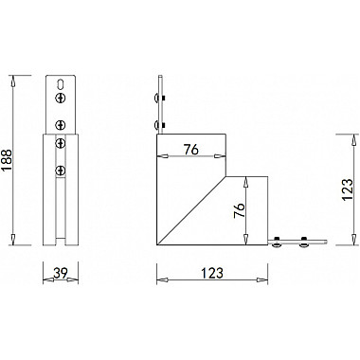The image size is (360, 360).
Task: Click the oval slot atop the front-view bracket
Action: pos(61,83)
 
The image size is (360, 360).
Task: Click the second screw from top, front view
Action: pos(61,123)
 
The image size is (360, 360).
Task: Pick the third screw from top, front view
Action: pos(61,143)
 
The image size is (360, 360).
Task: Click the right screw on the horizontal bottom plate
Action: pos(303,243)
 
